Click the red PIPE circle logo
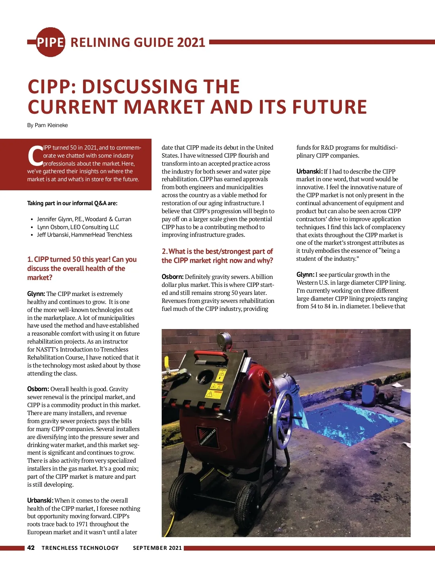[50, 42]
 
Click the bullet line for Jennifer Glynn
[84, 219]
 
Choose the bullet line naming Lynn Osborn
[78, 227]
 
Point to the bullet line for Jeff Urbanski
[84, 235]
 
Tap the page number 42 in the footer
[31, 548]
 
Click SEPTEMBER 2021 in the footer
[157, 548]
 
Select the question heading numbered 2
[217, 256]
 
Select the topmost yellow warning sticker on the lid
[221, 374]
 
